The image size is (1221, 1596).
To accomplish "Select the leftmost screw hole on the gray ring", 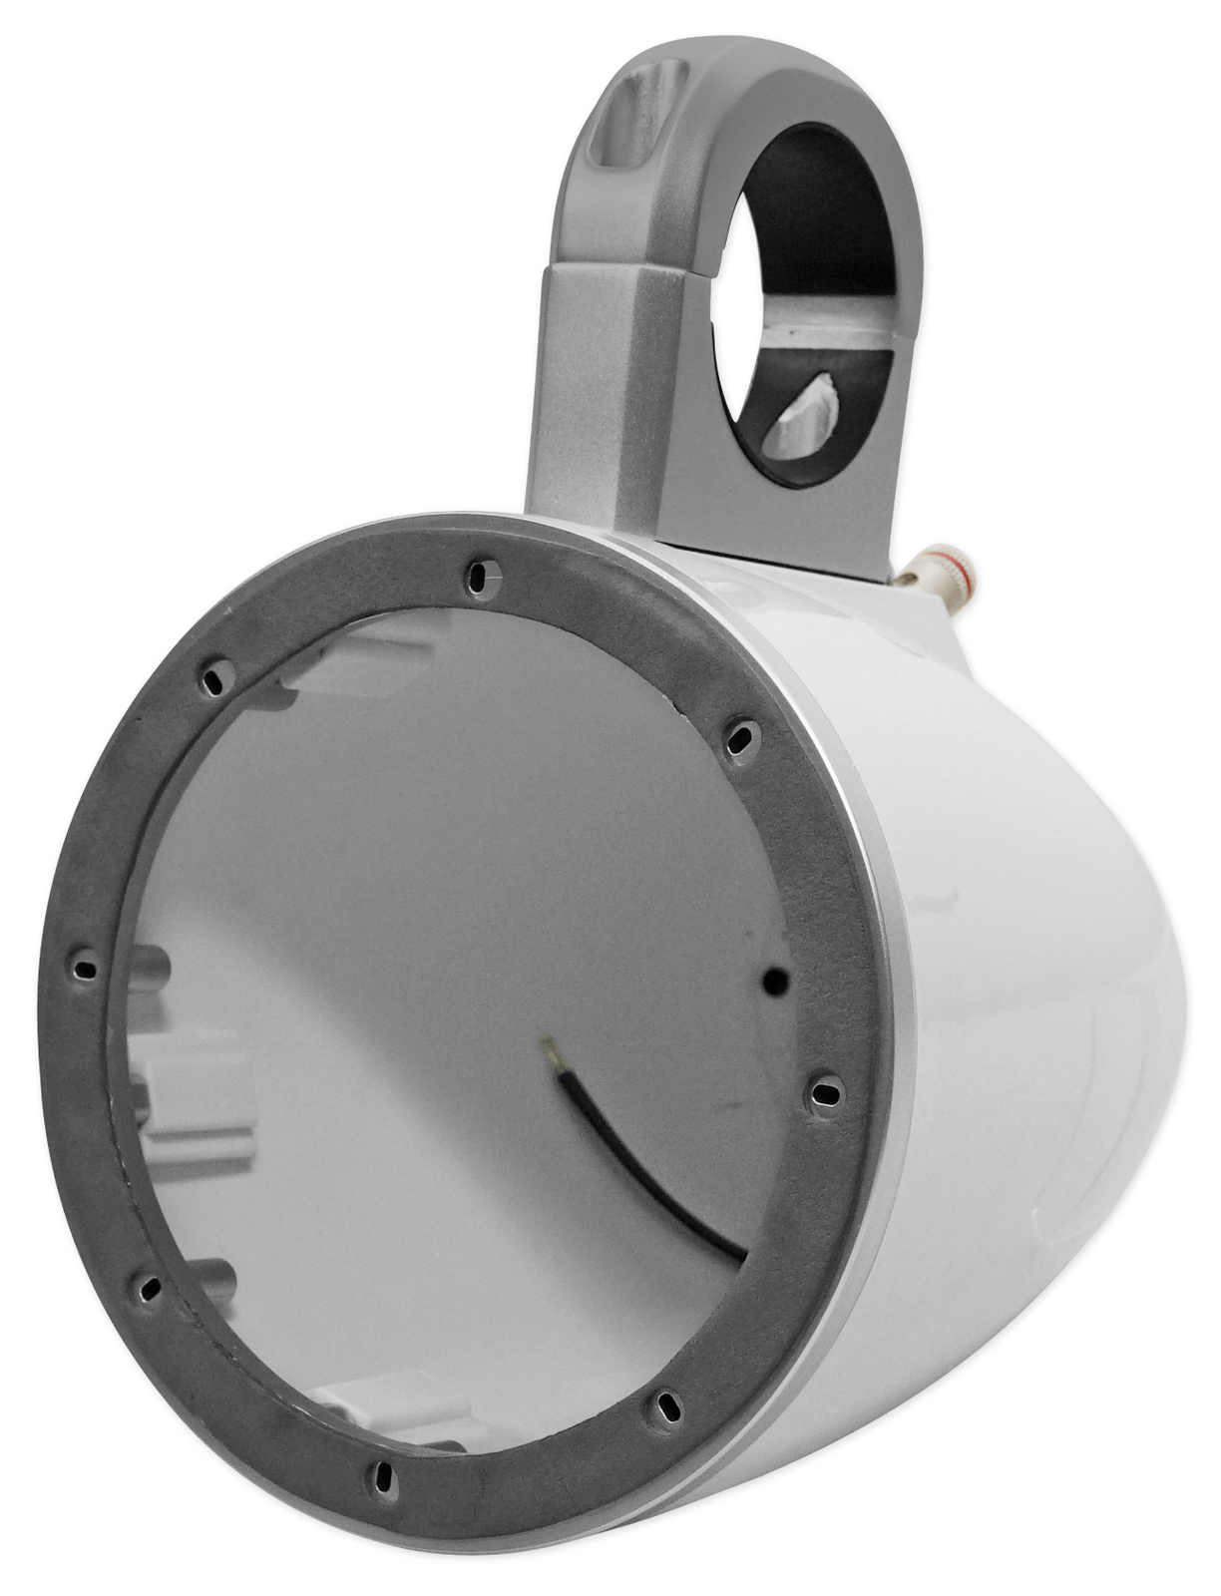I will click(x=85, y=967).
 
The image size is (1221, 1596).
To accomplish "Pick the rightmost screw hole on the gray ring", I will click(x=825, y=1094).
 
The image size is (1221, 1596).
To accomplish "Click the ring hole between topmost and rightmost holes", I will click(x=739, y=739).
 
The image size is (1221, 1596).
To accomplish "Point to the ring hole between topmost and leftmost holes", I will click(x=214, y=680).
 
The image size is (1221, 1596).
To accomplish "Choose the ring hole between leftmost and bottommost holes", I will click(x=149, y=1287).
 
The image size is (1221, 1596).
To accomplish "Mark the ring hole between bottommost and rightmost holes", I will click(x=666, y=1407).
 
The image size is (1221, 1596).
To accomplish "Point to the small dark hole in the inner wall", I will click(x=774, y=982).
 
